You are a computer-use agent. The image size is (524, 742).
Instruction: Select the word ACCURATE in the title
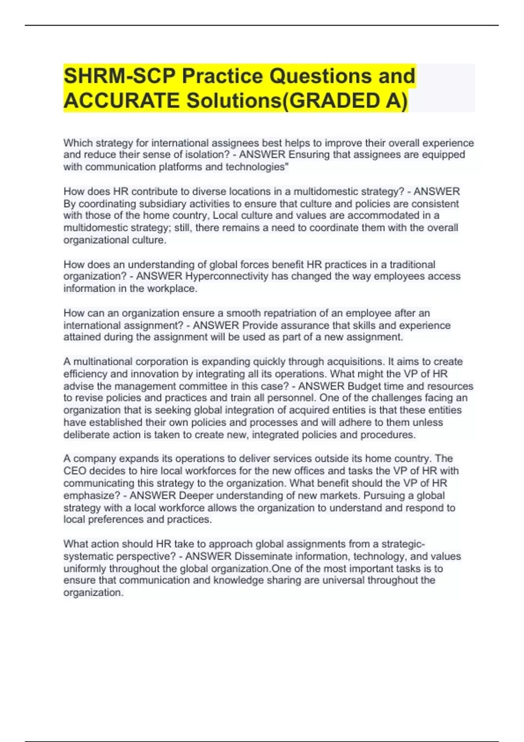pos(121,100)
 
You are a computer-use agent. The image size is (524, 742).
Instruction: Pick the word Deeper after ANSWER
pos(196,495)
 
